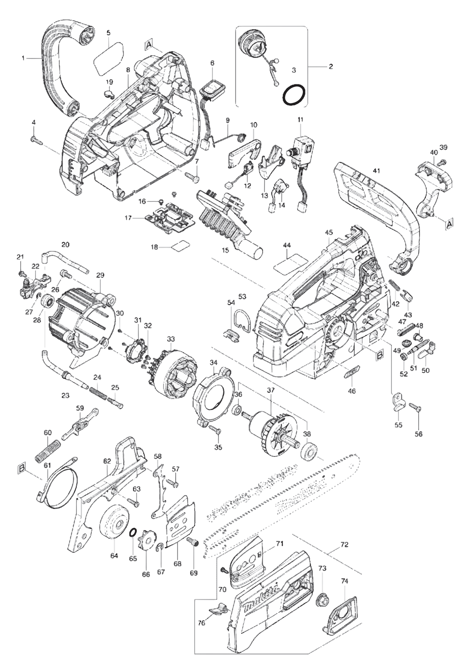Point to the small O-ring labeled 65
pyautogui.click(x=133, y=532)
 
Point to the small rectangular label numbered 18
pyautogui.click(x=181, y=246)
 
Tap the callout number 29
pyautogui.click(x=100, y=275)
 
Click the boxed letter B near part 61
pyautogui.click(x=21, y=468)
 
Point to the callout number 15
pyautogui.click(x=226, y=250)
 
